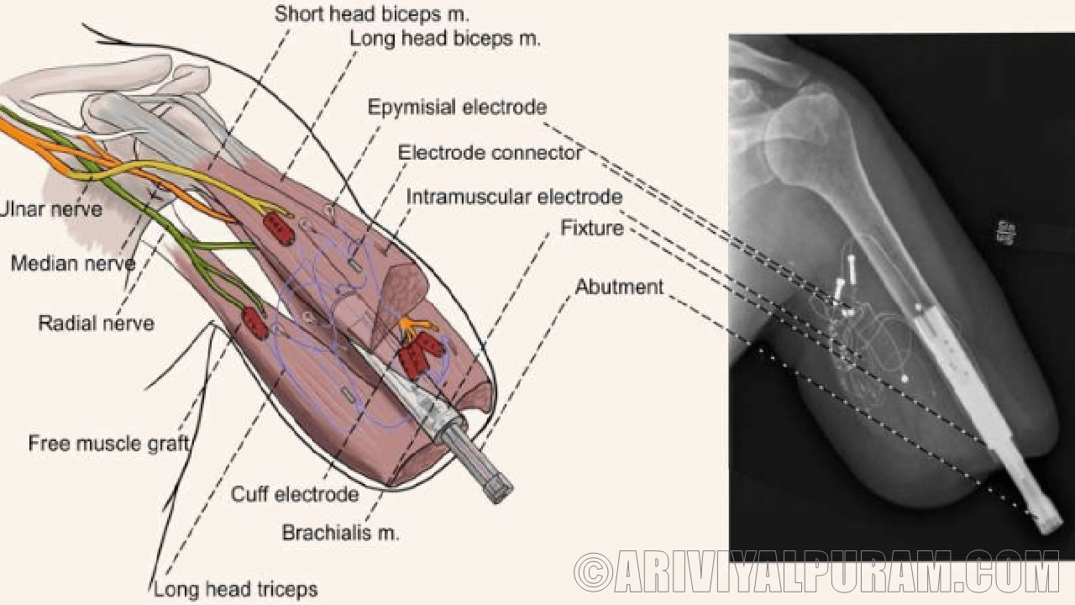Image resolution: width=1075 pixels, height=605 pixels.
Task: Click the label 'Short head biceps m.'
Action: [372, 14]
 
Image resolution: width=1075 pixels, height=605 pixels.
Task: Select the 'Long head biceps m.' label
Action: [445, 39]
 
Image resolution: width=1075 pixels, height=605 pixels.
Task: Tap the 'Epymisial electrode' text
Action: [457, 108]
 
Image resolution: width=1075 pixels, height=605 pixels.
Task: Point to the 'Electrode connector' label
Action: [490, 153]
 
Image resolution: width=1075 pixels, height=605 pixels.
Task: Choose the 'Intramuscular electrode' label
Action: [515, 197]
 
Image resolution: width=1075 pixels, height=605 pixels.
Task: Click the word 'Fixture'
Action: [592, 228]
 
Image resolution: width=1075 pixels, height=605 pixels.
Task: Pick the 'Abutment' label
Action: [619, 287]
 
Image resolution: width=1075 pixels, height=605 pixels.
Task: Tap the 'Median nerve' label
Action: [73, 264]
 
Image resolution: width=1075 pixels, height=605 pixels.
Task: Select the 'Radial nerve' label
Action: [96, 323]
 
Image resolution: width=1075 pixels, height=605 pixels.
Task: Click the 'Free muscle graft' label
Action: [107, 444]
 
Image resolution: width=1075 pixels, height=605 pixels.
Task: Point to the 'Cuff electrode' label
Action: [295, 494]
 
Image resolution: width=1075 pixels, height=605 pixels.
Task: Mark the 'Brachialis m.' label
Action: [340, 533]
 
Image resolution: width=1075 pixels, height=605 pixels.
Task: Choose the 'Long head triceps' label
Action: [236, 589]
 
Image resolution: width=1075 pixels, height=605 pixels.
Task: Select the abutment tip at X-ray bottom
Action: [1046, 521]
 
